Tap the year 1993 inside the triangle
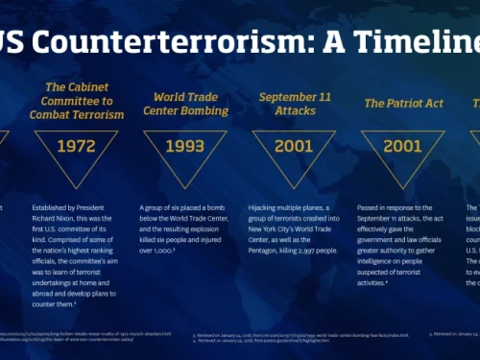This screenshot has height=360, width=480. coord(186,147)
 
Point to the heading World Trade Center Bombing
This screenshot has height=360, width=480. coord(186,103)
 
